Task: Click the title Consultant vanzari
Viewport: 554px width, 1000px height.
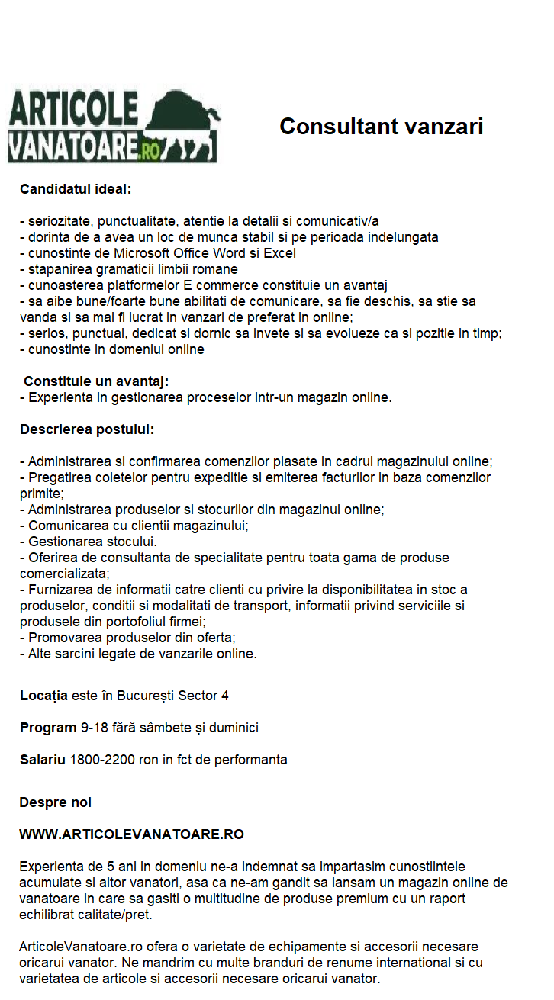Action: click(381, 126)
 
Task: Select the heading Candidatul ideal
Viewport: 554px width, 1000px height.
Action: click(76, 188)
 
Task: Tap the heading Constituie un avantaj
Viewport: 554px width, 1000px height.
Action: click(96, 381)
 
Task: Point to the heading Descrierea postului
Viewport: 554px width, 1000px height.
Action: click(87, 429)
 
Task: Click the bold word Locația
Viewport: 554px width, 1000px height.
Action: click(43, 696)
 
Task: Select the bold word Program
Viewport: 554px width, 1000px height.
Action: click(48, 728)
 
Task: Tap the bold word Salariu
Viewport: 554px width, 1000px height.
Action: click(43, 760)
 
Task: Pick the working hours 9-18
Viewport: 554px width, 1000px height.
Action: click(94, 728)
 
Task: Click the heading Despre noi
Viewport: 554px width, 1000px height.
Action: click(55, 802)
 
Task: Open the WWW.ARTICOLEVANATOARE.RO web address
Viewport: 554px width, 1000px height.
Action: click(131, 834)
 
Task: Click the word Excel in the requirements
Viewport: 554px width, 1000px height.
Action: click(280, 253)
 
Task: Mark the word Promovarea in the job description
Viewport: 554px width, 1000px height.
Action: click(63, 638)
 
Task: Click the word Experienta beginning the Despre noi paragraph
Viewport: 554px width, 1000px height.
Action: click(50, 867)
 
